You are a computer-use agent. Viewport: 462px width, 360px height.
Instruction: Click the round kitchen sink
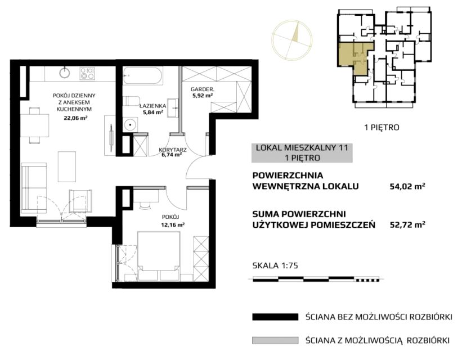[x=64, y=73]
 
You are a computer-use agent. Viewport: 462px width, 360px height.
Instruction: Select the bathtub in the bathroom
[x=142, y=76]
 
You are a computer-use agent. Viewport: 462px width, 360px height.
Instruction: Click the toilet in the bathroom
[x=131, y=101]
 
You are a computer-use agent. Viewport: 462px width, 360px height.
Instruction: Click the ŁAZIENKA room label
[x=152, y=106]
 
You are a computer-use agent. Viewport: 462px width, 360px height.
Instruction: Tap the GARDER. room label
[x=202, y=89]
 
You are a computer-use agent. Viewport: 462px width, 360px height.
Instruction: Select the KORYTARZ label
[x=173, y=150]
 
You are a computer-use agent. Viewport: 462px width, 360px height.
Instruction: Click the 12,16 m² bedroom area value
[x=173, y=224]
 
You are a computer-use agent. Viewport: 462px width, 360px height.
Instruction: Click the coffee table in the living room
[x=67, y=166]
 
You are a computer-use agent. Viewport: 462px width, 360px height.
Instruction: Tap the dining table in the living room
[x=34, y=125]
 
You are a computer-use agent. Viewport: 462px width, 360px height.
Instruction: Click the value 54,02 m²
[x=407, y=186]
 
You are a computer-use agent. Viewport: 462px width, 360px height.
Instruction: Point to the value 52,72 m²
[x=407, y=225]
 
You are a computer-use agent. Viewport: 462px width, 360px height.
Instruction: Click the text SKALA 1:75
[x=275, y=265]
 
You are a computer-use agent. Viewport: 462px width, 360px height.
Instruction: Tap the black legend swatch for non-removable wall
[x=275, y=317]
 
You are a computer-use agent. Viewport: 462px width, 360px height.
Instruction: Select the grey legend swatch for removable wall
[x=275, y=340]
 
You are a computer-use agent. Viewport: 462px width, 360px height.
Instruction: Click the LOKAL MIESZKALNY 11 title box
[x=302, y=153]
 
